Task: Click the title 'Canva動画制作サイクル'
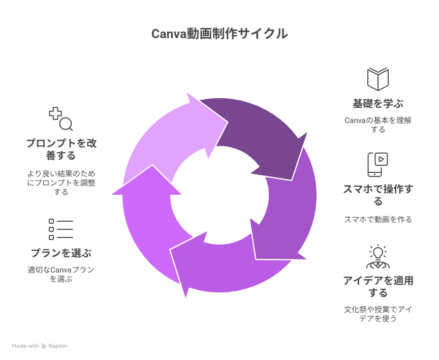coord(219,34)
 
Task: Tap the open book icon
coord(378,79)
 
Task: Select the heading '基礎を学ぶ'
coord(378,104)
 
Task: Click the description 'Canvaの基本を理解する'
coord(378,125)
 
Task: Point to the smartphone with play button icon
coord(378,165)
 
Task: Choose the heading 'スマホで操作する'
coord(378,195)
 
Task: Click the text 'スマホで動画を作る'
coord(378,219)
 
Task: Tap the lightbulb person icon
coord(378,257)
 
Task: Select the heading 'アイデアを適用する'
coord(378,286)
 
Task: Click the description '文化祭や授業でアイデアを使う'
coord(378,314)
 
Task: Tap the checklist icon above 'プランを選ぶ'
coord(61,229)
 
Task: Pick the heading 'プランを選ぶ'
coord(61,253)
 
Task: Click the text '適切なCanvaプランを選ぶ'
coord(61,274)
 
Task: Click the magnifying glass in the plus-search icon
coord(67,124)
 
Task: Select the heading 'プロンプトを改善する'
coord(61,149)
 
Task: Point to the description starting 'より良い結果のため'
coord(61,183)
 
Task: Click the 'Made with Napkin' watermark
coord(40,346)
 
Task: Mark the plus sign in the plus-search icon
coord(55,113)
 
